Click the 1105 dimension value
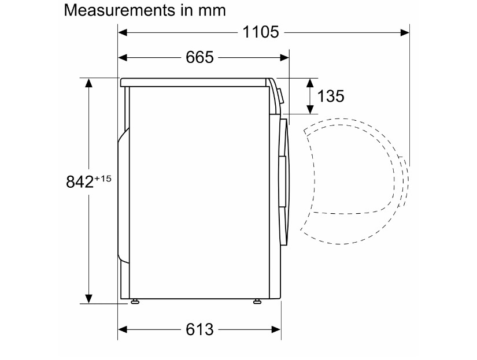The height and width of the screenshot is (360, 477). pos(260,32)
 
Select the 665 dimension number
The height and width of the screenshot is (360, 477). pos(199,57)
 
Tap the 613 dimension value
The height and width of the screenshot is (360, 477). pos(199,329)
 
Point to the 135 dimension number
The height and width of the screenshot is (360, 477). pos(331,96)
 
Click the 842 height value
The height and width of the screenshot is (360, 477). pos(80,182)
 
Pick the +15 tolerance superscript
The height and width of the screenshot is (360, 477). pos(103,179)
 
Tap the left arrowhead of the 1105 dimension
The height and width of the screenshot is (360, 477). pos(123,32)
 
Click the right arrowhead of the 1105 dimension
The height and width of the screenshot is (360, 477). pos(405,32)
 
